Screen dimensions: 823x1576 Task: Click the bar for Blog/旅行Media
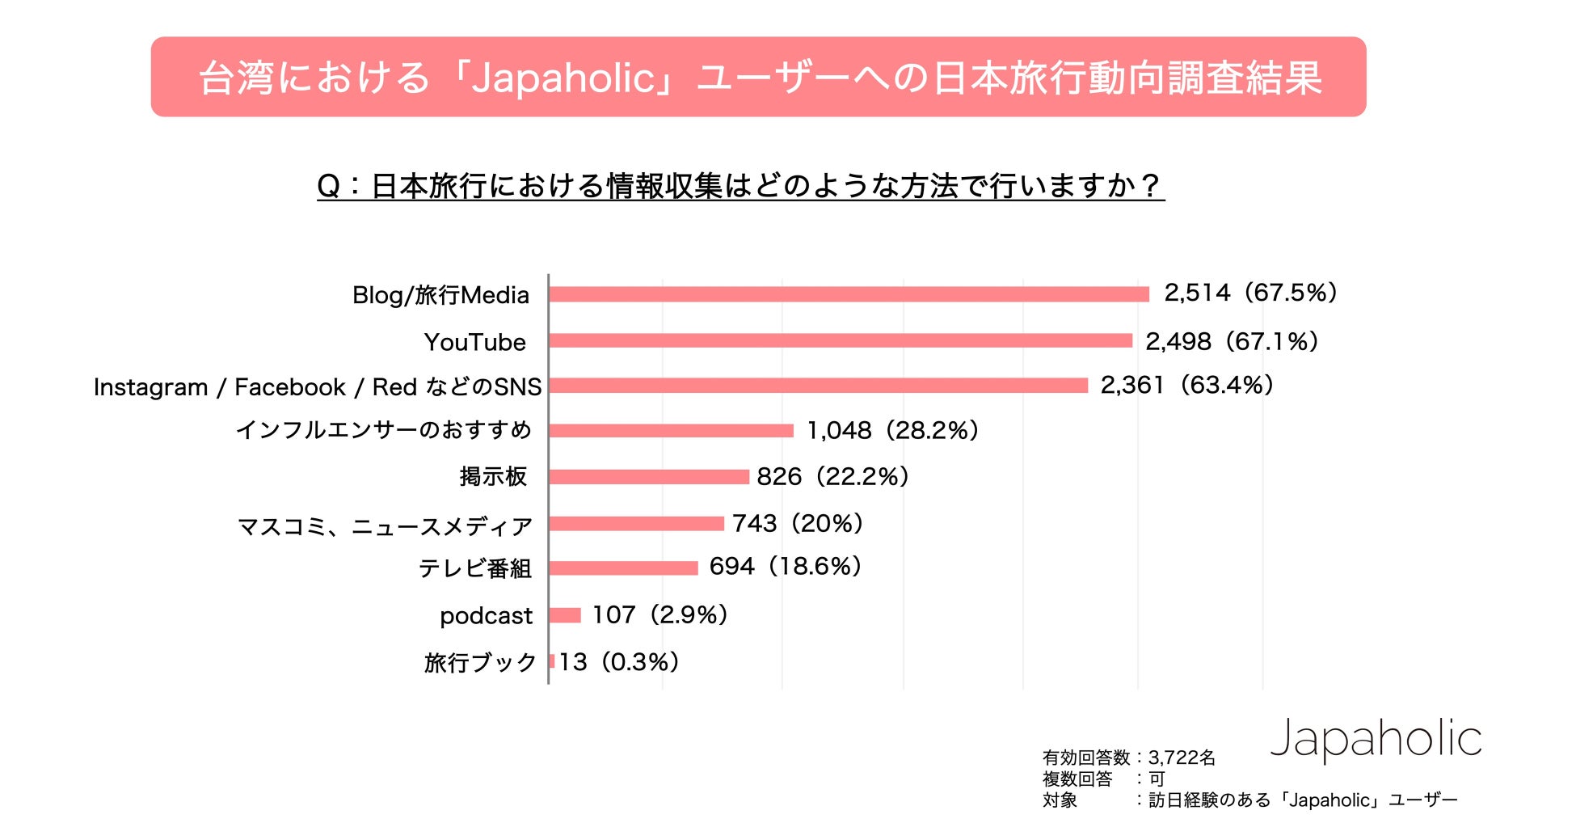click(849, 294)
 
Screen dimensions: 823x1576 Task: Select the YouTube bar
click(841, 340)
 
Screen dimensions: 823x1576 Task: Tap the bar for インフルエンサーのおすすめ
click(671, 430)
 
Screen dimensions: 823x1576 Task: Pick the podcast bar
click(565, 615)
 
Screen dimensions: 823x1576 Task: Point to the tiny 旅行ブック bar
click(552, 661)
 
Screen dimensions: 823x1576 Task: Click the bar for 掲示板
click(649, 477)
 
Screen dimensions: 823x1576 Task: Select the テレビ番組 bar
click(623, 568)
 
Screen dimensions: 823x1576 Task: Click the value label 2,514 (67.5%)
click(1250, 293)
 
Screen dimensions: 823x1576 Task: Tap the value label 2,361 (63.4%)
click(1186, 385)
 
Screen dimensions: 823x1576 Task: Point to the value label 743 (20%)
click(798, 524)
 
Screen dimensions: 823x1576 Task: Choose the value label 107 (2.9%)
click(659, 615)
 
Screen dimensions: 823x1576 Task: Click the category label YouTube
click(475, 342)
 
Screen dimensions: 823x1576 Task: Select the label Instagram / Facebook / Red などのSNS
click(318, 387)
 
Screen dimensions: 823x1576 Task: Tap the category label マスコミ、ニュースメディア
click(385, 526)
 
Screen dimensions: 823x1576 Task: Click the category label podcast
click(486, 616)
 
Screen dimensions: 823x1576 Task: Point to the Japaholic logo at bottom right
click(1376, 739)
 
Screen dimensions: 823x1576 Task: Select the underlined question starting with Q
click(740, 186)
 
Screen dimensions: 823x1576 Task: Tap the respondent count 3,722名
click(1182, 758)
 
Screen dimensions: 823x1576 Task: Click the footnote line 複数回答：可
click(1103, 779)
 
